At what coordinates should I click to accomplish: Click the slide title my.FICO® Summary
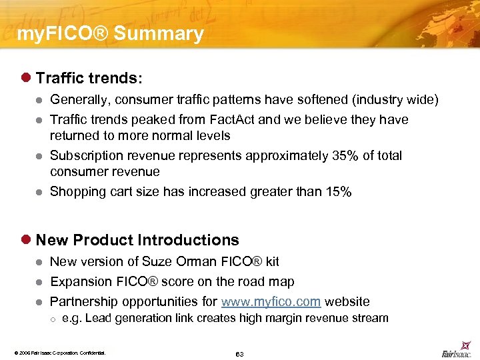(110, 34)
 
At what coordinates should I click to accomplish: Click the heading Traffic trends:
(89, 78)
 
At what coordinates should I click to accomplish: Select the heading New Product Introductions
(137, 240)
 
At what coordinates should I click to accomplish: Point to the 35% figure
(345, 155)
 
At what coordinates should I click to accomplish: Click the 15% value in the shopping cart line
(338, 191)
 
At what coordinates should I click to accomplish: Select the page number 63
(239, 354)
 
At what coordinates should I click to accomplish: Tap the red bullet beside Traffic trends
(27, 78)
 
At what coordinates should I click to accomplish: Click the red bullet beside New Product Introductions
(27, 240)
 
